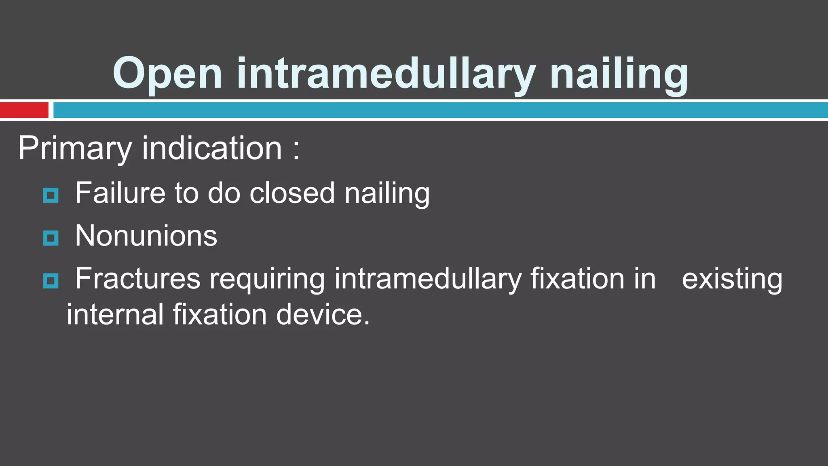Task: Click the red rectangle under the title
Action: [24, 110]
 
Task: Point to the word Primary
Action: [75, 148]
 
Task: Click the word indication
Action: [212, 148]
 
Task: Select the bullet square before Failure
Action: [51, 195]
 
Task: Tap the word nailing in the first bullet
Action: [387, 194]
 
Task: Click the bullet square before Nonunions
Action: [51, 238]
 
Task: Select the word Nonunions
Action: [146, 236]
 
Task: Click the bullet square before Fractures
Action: [51, 281]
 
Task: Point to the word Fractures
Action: [138, 279]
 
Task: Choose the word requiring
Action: [267, 280]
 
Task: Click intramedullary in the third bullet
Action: [428, 280]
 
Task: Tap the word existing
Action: [732, 280]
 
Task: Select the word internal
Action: [115, 315]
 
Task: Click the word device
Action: [323, 315]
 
